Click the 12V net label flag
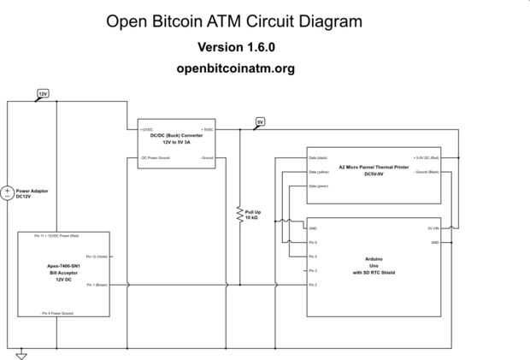click(x=43, y=92)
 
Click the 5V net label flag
click(x=260, y=122)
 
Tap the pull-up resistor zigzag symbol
click(x=239, y=215)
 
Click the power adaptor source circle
click(x=9, y=194)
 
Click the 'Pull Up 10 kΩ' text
click(x=254, y=215)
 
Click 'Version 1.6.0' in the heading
click(x=236, y=46)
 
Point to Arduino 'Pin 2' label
click(x=314, y=285)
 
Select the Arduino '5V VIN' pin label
click(x=433, y=228)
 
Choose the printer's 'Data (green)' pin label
click(x=318, y=186)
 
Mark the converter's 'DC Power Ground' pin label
click(x=156, y=158)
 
